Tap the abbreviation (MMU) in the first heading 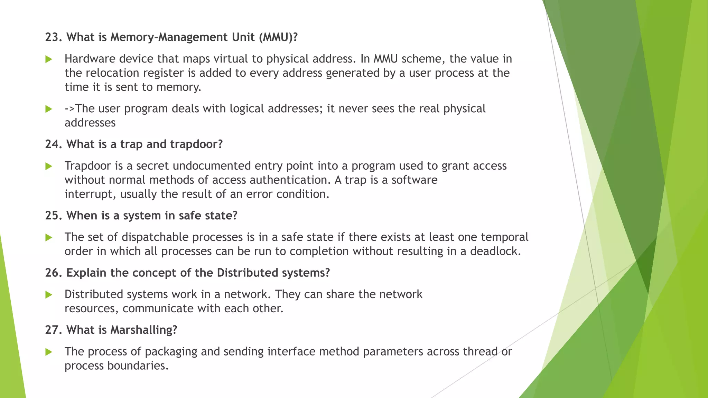[278, 37]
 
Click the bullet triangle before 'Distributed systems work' [49, 295]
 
